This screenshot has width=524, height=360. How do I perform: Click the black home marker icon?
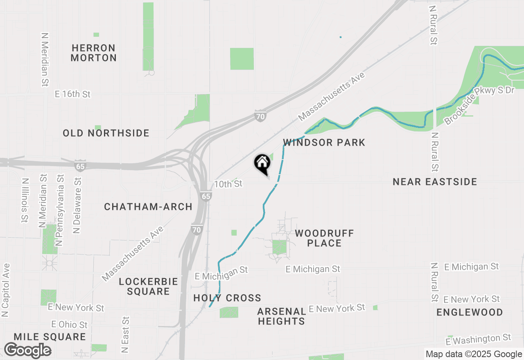pos(262,164)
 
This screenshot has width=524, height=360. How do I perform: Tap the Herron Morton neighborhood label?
pos(93,53)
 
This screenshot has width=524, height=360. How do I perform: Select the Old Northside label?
pos(106,133)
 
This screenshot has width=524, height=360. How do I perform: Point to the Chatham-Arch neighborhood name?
pos(148,207)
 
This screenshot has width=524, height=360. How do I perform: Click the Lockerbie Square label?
pos(148,286)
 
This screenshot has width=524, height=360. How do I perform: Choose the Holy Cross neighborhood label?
pos(227,298)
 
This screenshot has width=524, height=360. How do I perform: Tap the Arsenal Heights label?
pos(281,316)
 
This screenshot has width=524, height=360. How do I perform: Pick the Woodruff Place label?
pos(324,238)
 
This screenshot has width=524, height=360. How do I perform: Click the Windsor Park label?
pos(324,142)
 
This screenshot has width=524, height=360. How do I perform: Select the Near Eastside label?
pos(435,182)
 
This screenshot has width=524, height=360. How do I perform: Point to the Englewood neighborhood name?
pos(470,312)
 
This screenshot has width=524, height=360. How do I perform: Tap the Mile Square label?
pos(50,337)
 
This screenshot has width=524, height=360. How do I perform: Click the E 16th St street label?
pos(72,94)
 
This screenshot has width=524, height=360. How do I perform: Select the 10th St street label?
pos(228,184)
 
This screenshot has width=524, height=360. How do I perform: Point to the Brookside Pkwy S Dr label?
pos(479,105)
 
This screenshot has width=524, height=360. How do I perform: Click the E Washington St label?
pos(478,339)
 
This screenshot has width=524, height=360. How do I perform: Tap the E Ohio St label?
pos(70,324)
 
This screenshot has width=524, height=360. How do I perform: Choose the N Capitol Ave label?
pos(5,290)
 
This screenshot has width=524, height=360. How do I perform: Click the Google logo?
pos(28,350)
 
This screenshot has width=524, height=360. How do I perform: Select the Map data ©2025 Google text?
pos(473,354)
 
